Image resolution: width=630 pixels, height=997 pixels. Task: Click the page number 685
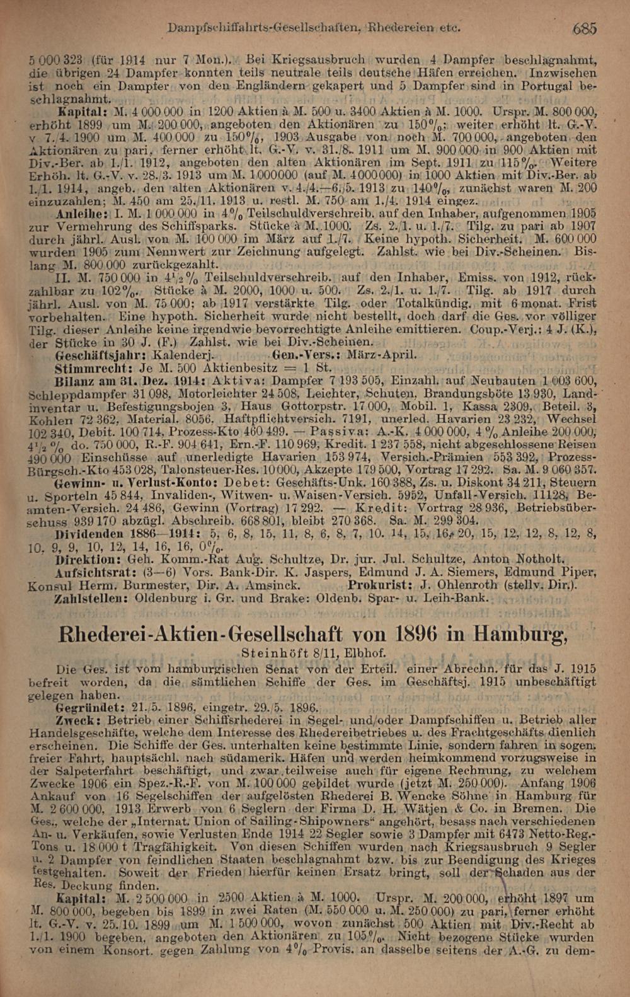coord(585,28)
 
